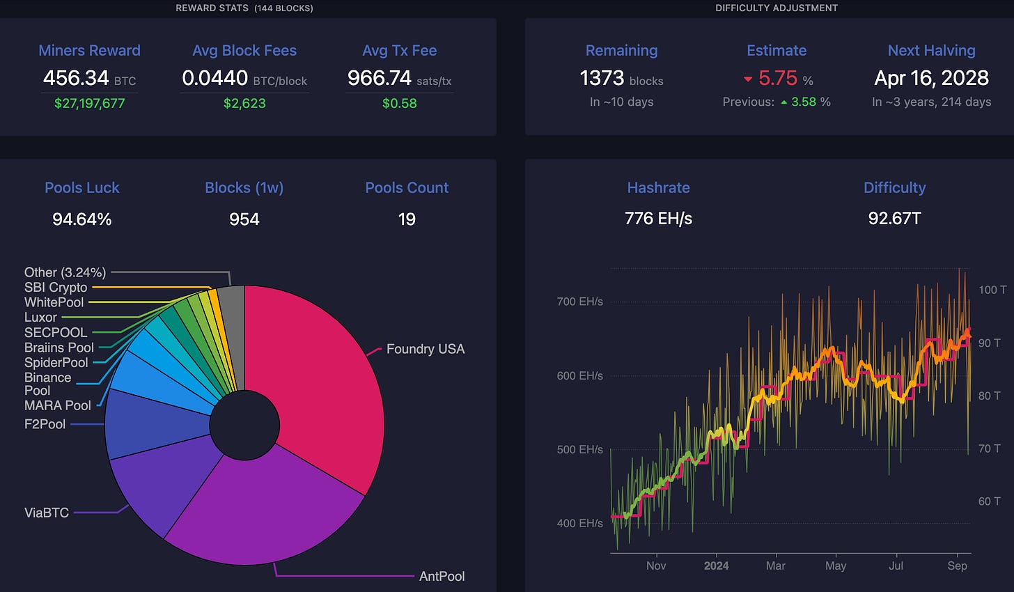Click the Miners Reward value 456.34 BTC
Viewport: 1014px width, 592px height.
pyautogui.click(x=89, y=78)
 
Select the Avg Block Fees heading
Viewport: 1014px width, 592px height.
pyautogui.click(x=244, y=51)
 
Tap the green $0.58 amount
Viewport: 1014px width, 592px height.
pyautogui.click(x=400, y=103)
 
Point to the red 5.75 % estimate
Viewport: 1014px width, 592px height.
pyautogui.click(x=778, y=78)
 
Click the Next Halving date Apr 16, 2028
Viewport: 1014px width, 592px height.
pyautogui.click(x=931, y=78)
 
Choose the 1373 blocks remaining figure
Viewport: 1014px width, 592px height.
pyautogui.click(x=621, y=78)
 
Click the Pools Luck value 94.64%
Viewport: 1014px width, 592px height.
pyautogui.click(x=82, y=219)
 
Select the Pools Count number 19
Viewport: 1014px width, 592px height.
pyautogui.click(x=407, y=219)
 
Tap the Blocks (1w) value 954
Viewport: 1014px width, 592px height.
pyautogui.click(x=244, y=219)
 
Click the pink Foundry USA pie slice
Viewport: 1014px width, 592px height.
pyautogui.click(x=320, y=376)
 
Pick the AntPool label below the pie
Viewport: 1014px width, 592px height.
pyautogui.click(x=442, y=576)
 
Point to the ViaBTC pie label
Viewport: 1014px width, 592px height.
pyautogui.click(x=47, y=513)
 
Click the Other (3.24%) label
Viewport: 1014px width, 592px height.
pyautogui.click(x=65, y=272)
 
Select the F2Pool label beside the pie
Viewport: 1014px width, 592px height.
pyautogui.click(x=45, y=423)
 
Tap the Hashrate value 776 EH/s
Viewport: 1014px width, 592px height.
pyautogui.click(x=658, y=219)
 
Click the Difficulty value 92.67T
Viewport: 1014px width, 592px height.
pyautogui.click(x=894, y=219)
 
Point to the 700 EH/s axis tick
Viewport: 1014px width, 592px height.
pyautogui.click(x=579, y=302)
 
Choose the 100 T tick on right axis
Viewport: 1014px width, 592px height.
pyautogui.click(x=992, y=290)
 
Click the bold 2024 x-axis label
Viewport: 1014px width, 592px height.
pyautogui.click(x=716, y=566)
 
